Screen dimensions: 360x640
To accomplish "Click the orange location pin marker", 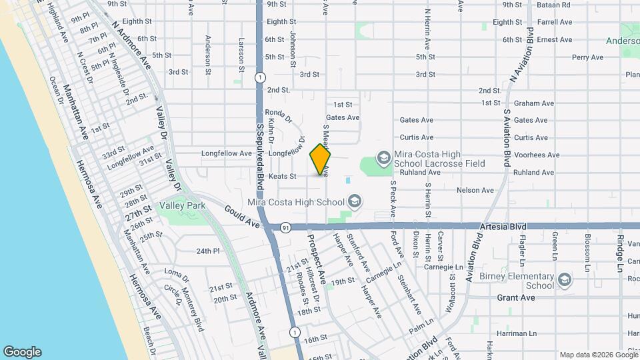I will click(320, 159).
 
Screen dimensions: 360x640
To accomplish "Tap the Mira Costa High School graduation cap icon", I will click(355, 201).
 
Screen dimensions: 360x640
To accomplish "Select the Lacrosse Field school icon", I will click(383, 158).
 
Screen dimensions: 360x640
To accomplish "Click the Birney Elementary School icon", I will click(565, 279).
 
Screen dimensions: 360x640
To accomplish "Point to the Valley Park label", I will click(181, 205).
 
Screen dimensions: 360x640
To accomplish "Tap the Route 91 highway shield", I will click(285, 227).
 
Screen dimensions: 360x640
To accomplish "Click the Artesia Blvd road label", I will click(500, 227).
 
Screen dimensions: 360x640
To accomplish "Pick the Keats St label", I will click(283, 176).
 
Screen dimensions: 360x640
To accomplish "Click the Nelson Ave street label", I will click(475, 190).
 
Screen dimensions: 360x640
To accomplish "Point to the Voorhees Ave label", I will click(537, 155).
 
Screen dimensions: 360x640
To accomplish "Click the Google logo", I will click(22, 352).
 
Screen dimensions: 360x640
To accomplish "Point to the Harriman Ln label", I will click(517, 333).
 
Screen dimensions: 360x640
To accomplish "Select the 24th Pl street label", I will click(208, 251).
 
